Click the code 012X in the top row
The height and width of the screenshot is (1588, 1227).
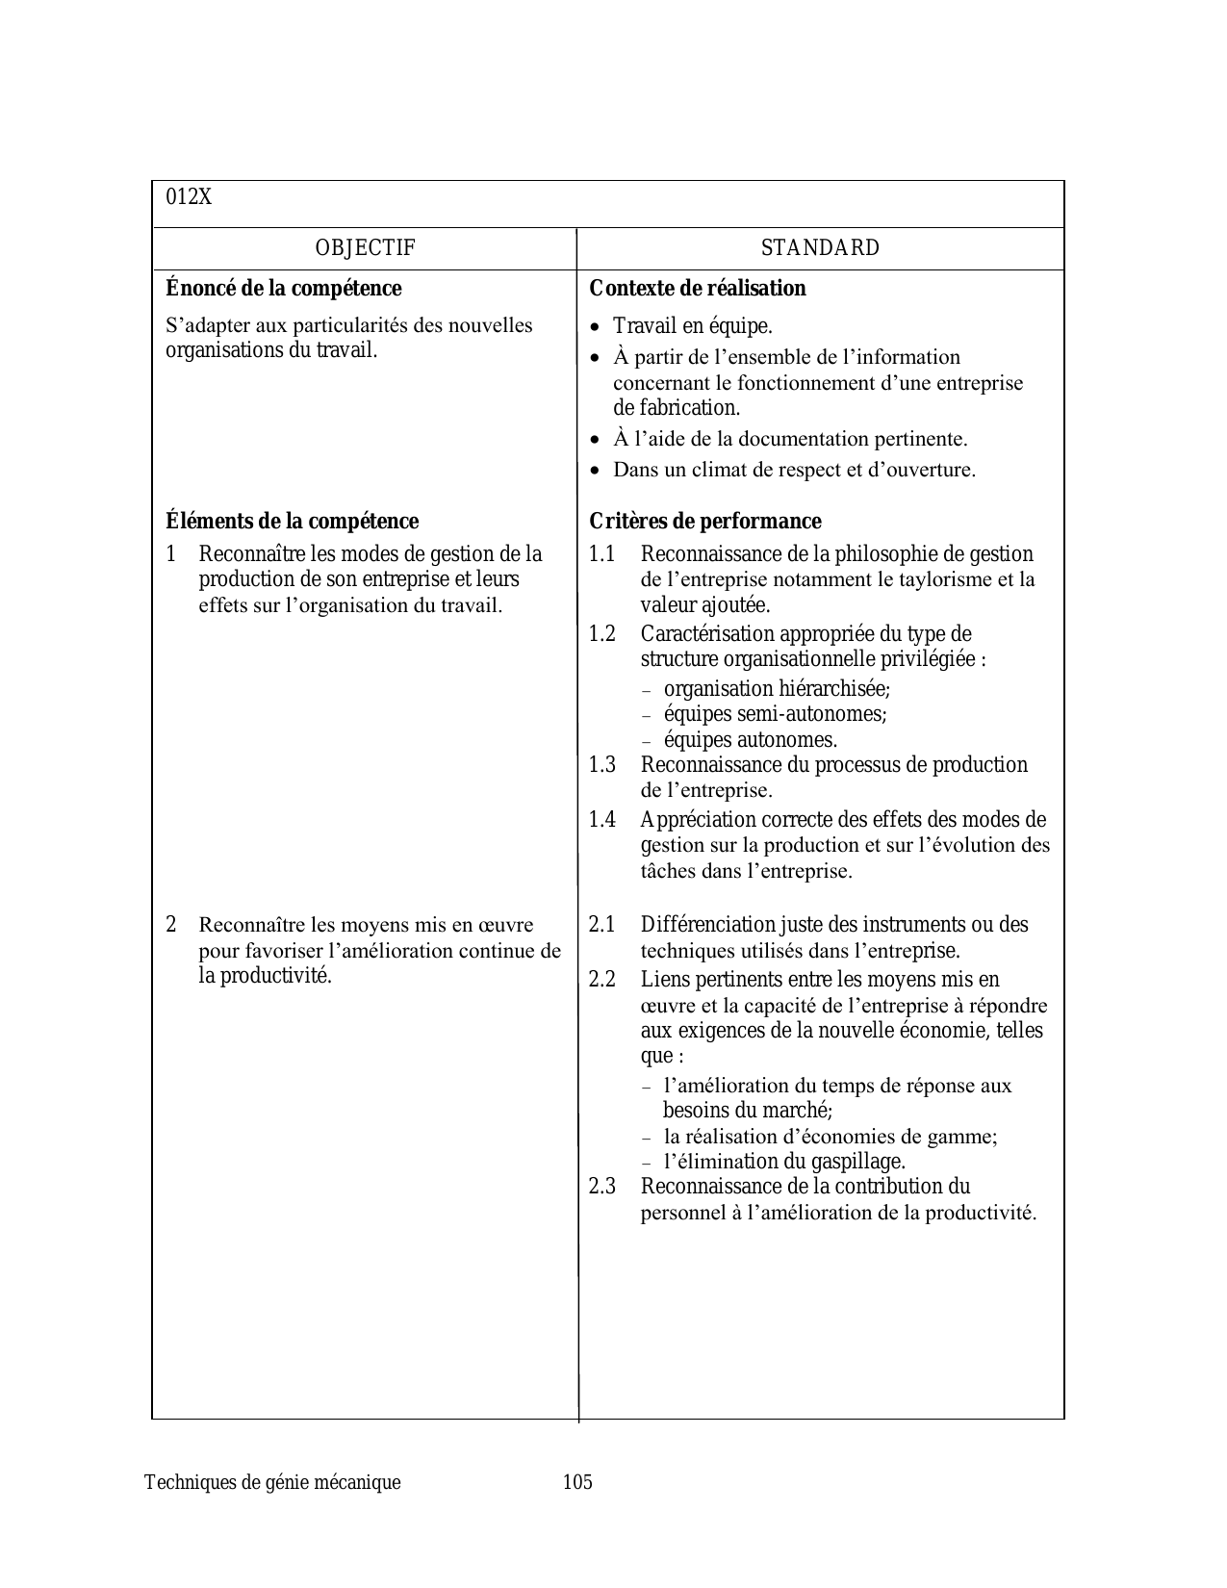[189, 197]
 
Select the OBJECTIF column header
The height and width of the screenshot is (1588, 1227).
[365, 248]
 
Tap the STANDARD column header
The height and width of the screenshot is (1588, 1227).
[820, 248]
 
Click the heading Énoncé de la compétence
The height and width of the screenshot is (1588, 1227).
[283, 289]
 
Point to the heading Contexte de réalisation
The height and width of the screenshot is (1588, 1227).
[697, 289]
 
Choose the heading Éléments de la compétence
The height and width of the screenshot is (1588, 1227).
[292, 522]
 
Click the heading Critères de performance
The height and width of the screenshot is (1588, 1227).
[704, 522]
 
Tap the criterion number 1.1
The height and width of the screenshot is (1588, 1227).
[601, 554]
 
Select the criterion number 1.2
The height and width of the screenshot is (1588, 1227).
[601, 634]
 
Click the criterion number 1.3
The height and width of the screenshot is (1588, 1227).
[601, 765]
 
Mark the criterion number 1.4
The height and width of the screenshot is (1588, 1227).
[601, 820]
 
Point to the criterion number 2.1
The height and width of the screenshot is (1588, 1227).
[601, 925]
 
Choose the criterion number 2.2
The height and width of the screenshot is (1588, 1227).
[601, 980]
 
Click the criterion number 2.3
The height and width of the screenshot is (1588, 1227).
[601, 1187]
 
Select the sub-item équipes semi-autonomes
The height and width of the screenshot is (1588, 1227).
[775, 714]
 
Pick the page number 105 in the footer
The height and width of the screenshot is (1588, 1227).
[577, 1482]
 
